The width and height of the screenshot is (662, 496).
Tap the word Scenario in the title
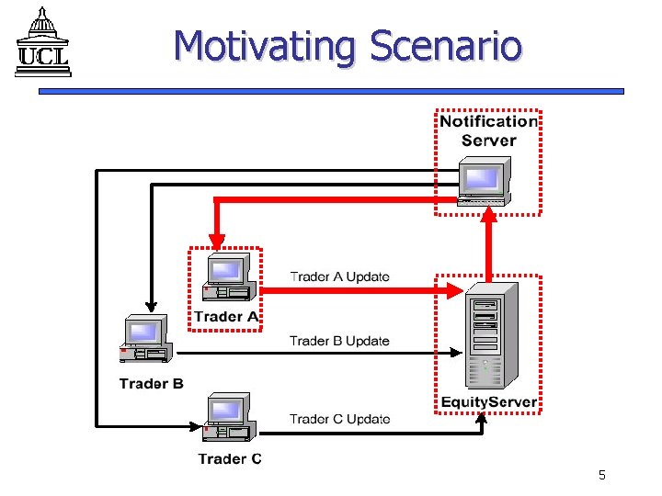coord(446,46)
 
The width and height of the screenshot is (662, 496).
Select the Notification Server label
coord(487,130)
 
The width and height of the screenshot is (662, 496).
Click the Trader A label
coord(226,317)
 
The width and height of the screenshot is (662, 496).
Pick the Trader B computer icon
coord(145,340)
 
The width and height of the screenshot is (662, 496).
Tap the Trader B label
coord(151,383)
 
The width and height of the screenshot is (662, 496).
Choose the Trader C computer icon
coord(227,418)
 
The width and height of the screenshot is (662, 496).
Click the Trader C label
coord(230,458)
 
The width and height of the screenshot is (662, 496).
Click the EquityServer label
coord(488,402)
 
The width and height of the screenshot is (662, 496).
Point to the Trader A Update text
coord(339,276)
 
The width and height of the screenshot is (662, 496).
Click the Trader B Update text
coord(339,341)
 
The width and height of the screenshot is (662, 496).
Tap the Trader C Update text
coord(339,419)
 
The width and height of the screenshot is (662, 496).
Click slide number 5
coord(601,475)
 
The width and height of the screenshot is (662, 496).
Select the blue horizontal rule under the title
coord(331,91)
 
